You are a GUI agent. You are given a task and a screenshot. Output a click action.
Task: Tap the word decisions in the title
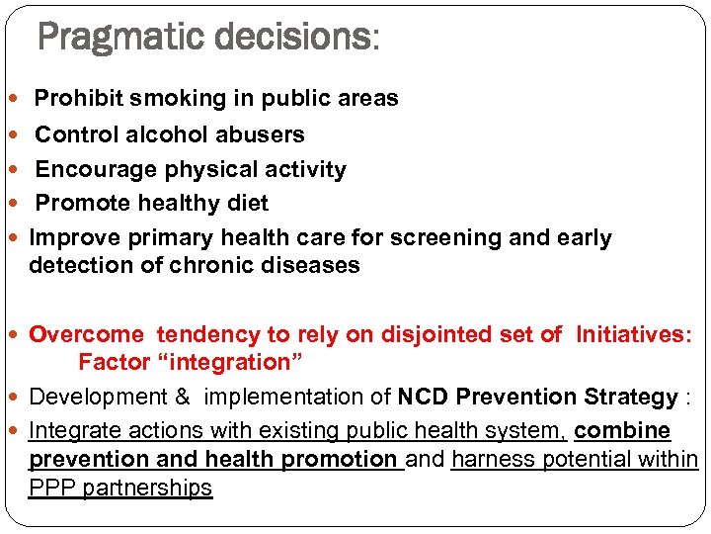click(x=285, y=39)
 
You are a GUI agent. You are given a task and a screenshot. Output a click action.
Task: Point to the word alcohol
click(x=162, y=134)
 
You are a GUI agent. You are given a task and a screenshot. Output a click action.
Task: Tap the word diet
click(x=247, y=203)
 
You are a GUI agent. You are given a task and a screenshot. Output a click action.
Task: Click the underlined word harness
click(x=490, y=460)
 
